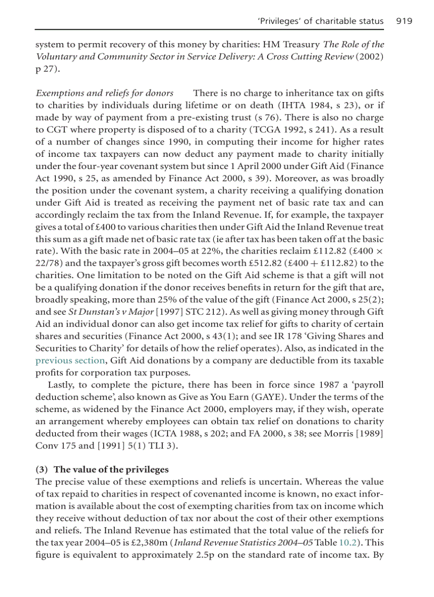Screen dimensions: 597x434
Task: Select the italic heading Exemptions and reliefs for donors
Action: click(104, 93)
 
